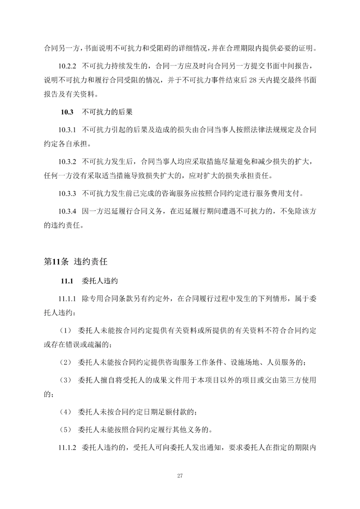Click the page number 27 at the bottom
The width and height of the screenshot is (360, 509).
tap(180, 476)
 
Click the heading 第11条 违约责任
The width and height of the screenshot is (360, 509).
tap(76, 262)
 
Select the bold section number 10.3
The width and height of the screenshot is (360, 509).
tap(67, 112)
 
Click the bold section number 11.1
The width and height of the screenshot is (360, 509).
tap(67, 281)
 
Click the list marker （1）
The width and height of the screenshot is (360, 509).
tap(65, 331)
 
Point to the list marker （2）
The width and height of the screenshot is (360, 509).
tap(65, 362)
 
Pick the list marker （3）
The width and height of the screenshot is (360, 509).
tap(65, 380)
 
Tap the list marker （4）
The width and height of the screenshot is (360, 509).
tap(65, 412)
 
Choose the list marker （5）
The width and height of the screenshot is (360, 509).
tap(65, 430)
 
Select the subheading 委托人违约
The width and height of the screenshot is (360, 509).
tap(100, 281)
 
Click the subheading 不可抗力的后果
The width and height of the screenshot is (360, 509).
tap(107, 112)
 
